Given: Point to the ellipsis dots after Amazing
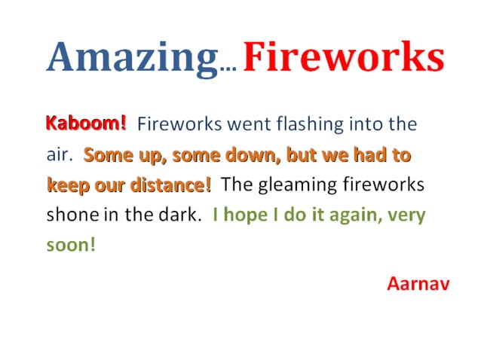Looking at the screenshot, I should (x=228, y=69).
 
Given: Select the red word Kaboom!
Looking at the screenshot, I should (x=87, y=123).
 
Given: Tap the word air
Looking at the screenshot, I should (x=58, y=156).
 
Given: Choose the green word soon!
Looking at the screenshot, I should (x=71, y=245).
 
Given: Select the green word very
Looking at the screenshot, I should (x=409, y=215).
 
